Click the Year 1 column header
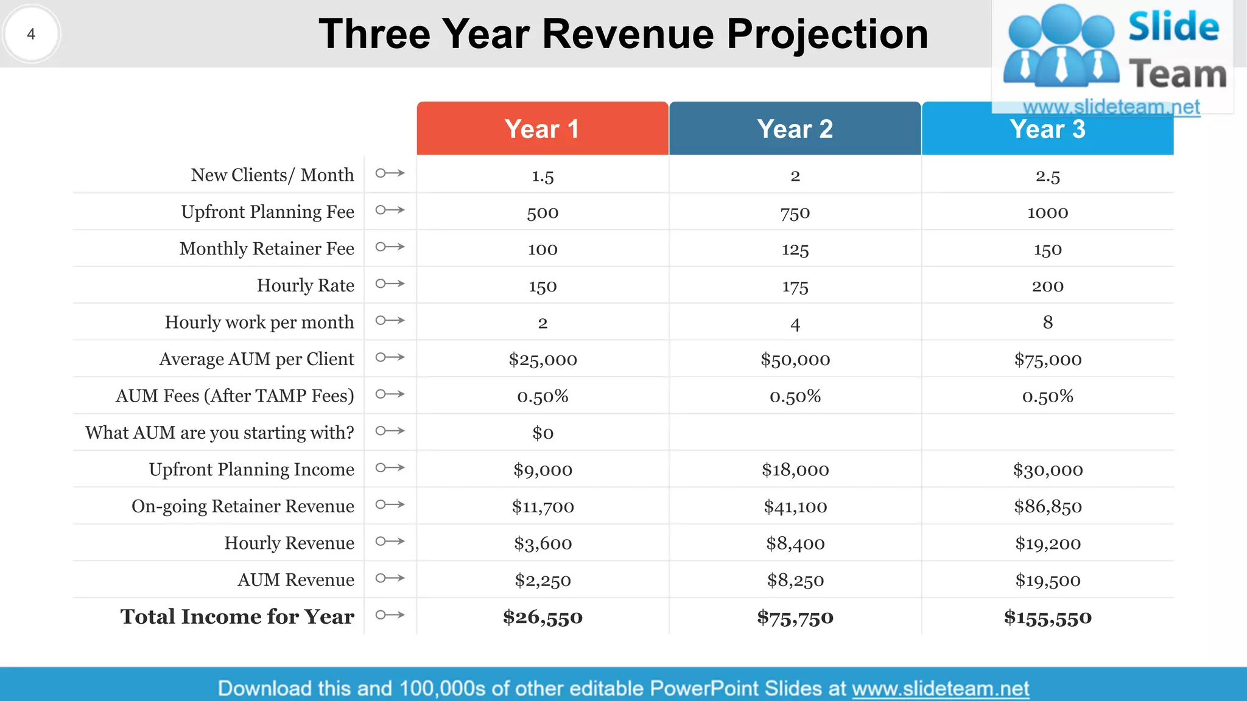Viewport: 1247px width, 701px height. (542, 129)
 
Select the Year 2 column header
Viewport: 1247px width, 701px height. (795, 129)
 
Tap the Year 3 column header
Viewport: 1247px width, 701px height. (1047, 130)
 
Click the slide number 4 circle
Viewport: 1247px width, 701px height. (31, 34)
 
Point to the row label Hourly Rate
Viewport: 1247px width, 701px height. (305, 285)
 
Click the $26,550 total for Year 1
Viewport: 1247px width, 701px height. (543, 617)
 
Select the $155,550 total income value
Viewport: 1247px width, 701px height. (1047, 617)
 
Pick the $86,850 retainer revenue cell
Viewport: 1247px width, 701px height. (1047, 506)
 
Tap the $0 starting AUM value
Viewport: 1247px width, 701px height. (543, 433)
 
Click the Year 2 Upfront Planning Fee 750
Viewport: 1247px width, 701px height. (795, 213)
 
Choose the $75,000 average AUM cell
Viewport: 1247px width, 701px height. (1047, 359)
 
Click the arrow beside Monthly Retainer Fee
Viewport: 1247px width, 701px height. (390, 247)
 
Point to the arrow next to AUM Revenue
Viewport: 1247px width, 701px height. (390, 578)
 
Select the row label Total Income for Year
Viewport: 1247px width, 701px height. (237, 616)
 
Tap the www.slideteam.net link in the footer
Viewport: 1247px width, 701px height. (940, 688)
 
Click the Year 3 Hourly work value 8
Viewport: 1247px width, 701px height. (1047, 322)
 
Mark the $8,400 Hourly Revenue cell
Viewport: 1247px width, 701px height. (795, 543)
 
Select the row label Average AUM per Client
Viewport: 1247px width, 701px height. (256, 359)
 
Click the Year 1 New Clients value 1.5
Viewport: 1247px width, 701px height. (543, 176)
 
